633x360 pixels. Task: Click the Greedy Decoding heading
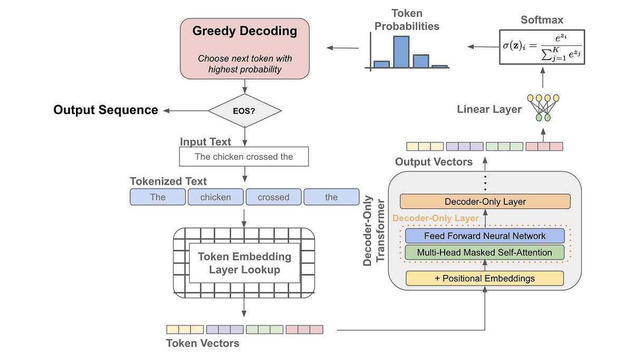coord(245,31)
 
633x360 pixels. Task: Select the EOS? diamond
coord(244,111)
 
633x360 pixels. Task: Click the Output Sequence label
coord(105,110)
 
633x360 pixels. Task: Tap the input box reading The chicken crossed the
coord(244,157)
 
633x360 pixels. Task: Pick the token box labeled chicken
coord(215,197)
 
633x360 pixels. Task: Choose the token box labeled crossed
coord(273,197)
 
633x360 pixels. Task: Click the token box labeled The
coord(158,197)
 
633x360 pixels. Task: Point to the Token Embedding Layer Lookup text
coord(244,263)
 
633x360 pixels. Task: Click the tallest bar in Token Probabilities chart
coord(401,52)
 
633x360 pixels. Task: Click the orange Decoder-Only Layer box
coord(485,202)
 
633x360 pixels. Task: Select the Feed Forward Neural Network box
coord(485,236)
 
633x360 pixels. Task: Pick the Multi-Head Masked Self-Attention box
coord(485,252)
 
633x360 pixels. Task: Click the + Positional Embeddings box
coord(485,278)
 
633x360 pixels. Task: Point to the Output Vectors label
coord(434,162)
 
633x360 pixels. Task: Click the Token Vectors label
coord(203,343)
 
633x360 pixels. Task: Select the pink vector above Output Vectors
coord(544,146)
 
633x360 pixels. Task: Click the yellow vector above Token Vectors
coord(185,329)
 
